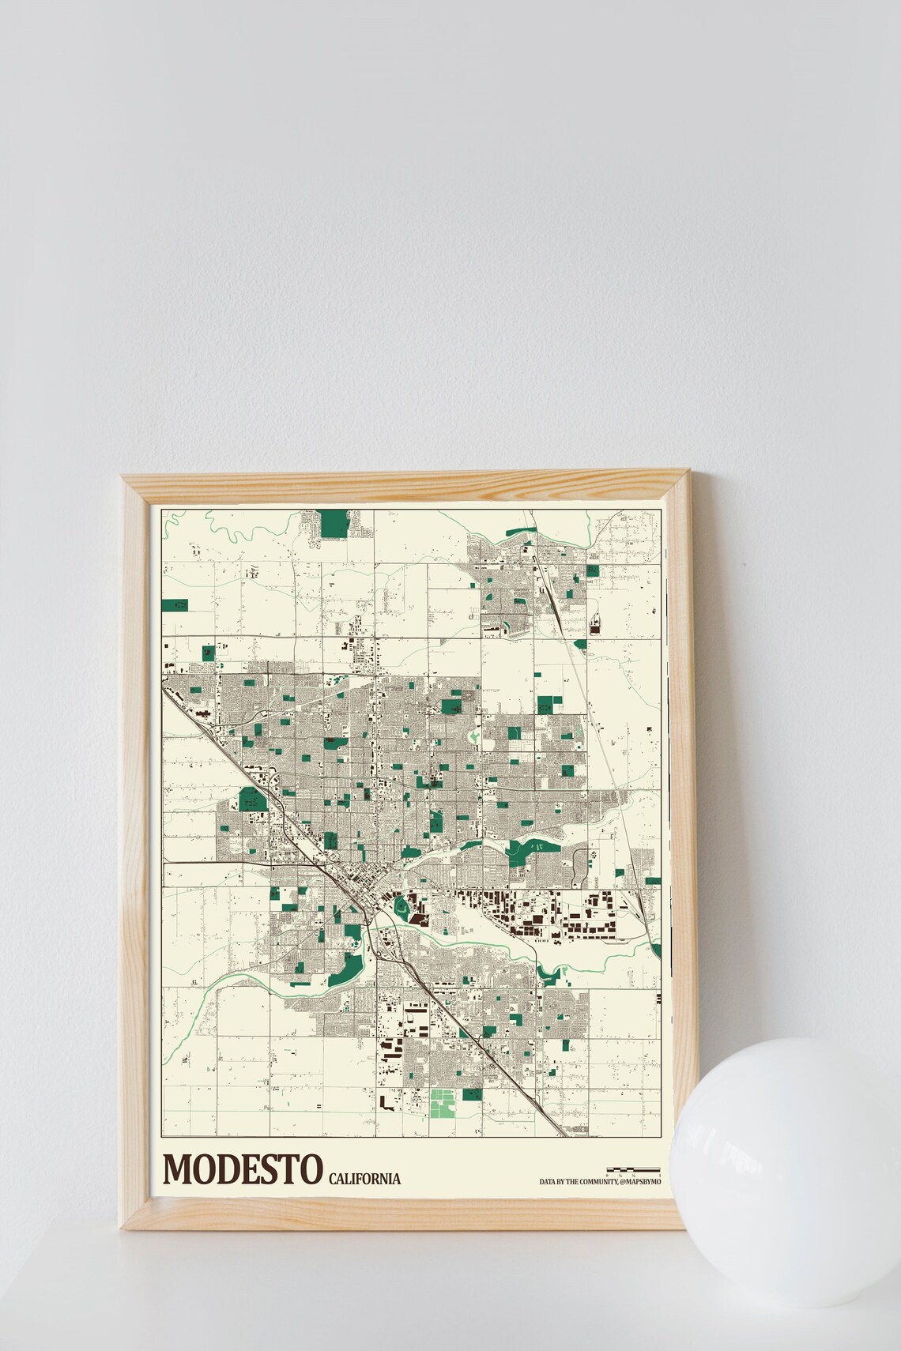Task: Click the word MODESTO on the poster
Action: coord(243,1168)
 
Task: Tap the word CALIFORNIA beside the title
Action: coord(364,1179)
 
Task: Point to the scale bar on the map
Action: coord(632,1168)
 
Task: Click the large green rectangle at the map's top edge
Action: coord(335,522)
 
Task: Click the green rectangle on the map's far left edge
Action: coord(175,606)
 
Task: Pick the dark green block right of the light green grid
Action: coord(472,1095)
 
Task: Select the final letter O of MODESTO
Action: coord(311,1168)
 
